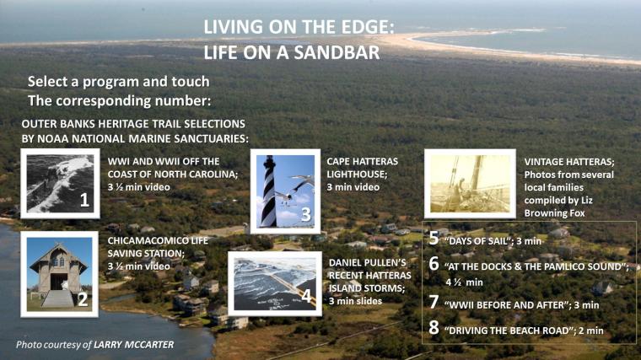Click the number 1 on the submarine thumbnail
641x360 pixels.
pyautogui.click(x=84, y=200)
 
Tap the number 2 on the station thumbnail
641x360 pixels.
pyautogui.click(x=83, y=299)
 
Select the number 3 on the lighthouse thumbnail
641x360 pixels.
pyautogui.click(x=306, y=214)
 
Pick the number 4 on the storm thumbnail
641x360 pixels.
pyautogui.click(x=306, y=295)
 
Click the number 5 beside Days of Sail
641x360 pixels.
pyautogui.click(x=434, y=239)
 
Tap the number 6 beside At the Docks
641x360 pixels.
pyautogui.click(x=434, y=264)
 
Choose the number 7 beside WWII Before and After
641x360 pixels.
pyautogui.click(x=434, y=303)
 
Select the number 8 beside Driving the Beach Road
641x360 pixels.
pyautogui.click(x=434, y=328)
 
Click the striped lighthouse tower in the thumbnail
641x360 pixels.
pyautogui.click(x=268, y=191)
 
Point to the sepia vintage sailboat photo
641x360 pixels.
pyautogui.click(x=470, y=184)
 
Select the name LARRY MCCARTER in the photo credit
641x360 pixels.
pyautogui.click(x=133, y=345)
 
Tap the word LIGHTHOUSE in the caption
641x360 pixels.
pyautogui.click(x=357, y=174)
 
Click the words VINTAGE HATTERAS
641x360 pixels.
pyautogui.click(x=569, y=162)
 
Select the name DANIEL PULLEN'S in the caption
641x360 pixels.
pyautogui.click(x=368, y=262)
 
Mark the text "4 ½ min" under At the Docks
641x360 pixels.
pyautogui.click(x=464, y=282)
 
